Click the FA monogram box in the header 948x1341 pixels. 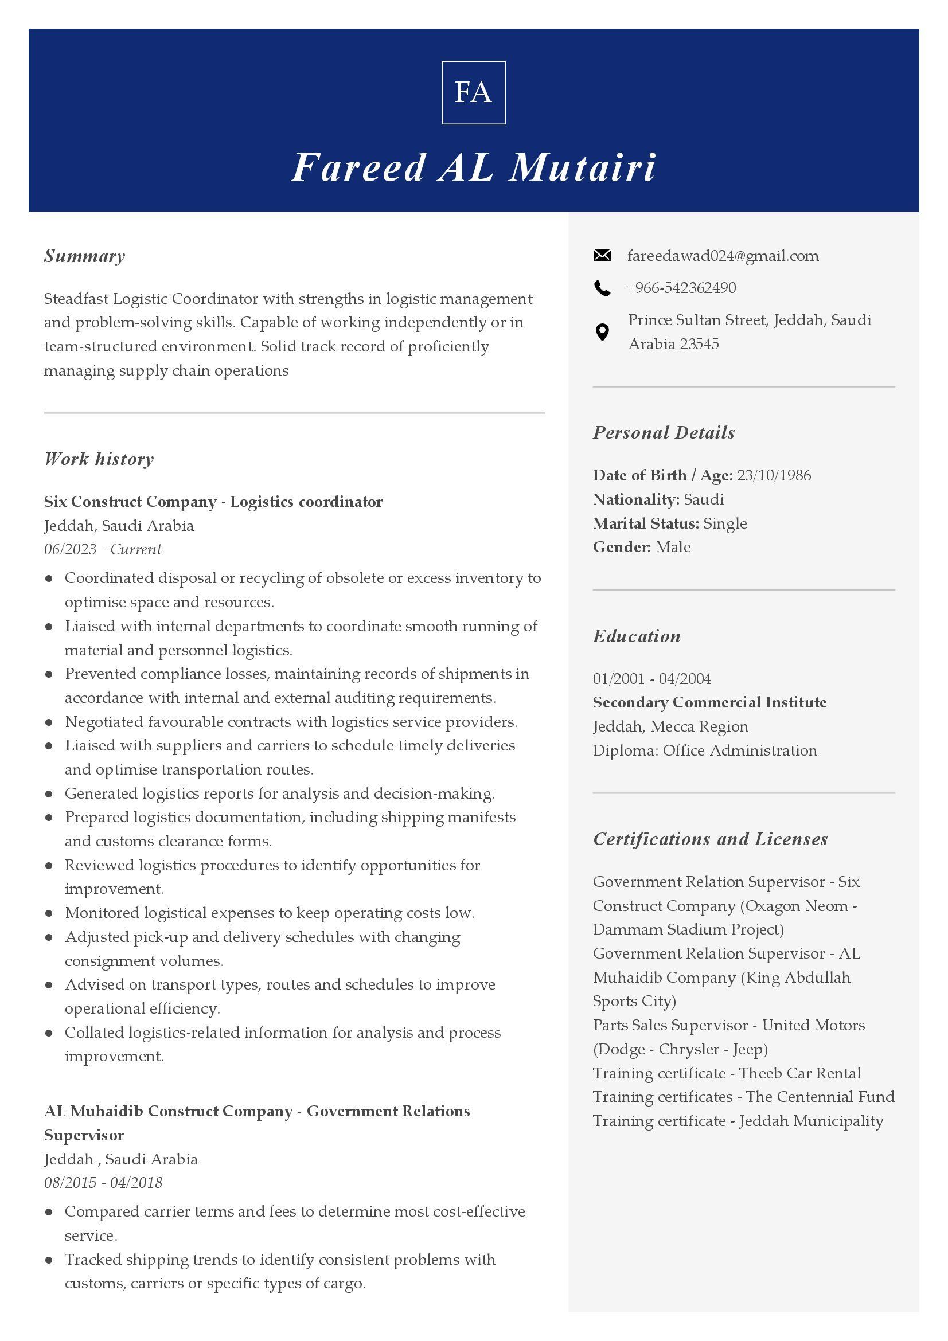pos(473,92)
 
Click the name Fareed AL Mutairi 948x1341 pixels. pos(473,167)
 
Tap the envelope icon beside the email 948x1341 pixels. pos(602,255)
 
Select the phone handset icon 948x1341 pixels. pos(602,288)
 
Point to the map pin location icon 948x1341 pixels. pos(602,332)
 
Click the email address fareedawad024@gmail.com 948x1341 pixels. pos(723,256)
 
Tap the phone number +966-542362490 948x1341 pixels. pos(681,288)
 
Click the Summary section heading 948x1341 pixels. pos(85,256)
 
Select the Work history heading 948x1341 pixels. pos(99,459)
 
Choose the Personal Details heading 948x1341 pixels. pos(664,432)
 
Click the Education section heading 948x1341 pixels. pos(637,636)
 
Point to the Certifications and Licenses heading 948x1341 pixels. pos(710,839)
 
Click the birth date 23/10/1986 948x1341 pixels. pos(773,475)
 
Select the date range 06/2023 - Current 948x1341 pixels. pos(103,549)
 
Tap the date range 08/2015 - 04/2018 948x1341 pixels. pos(103,1183)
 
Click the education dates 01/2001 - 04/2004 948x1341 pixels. pos(652,679)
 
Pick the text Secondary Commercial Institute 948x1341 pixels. pos(709,703)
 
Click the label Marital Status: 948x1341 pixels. pos(645,523)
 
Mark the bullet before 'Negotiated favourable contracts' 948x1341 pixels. pos(49,722)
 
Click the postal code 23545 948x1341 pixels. pos(699,344)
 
